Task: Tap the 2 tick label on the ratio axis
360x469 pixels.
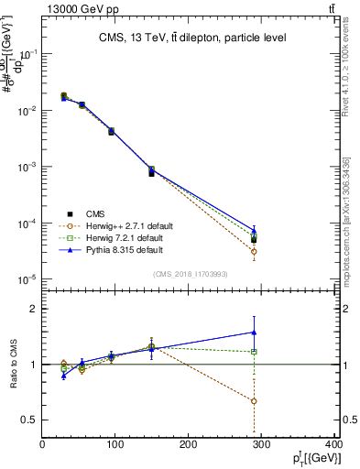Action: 33,309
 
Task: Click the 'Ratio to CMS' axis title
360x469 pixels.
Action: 13,365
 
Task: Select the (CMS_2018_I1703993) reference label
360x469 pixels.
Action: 190,273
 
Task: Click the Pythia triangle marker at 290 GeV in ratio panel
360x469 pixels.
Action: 254,333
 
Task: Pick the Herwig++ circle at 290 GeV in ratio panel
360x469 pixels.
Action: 254,401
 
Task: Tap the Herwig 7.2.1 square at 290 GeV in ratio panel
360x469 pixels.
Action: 254,352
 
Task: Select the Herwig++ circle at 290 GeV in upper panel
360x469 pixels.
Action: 254,251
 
